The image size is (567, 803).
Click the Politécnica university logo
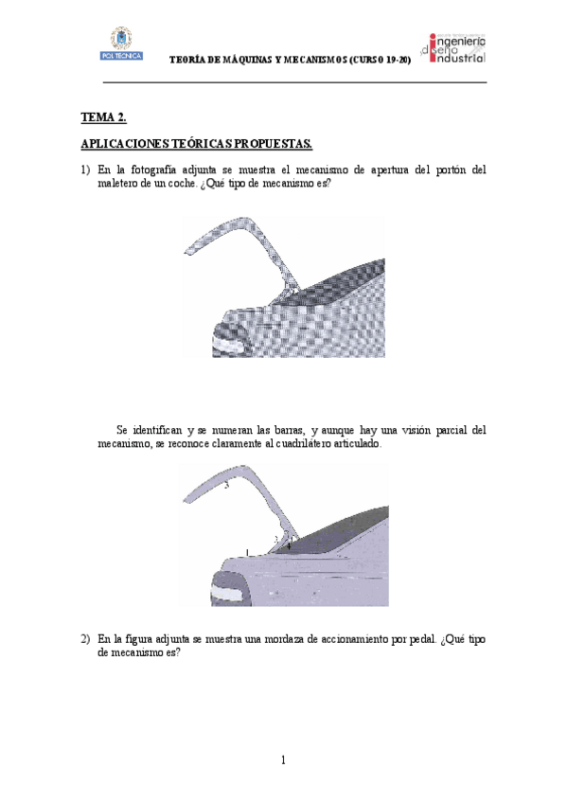pos(120,44)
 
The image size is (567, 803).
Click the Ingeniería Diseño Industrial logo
pos(457,47)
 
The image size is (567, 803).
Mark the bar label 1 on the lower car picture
pos(246,551)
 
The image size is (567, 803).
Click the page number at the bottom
pos(283,759)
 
